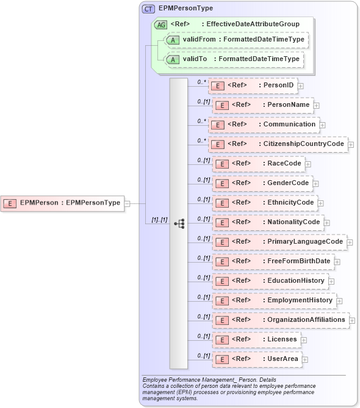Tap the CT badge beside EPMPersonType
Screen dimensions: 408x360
point(148,9)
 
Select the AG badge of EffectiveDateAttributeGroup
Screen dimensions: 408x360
point(160,24)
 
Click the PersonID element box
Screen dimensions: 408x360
point(253,86)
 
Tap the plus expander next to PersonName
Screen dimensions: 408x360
point(317,106)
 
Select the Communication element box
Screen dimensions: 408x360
point(264,125)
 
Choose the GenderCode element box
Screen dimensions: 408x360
point(263,183)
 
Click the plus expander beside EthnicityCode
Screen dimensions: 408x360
point(321,203)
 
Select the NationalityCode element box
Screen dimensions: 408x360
point(268,222)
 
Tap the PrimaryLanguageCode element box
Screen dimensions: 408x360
point(279,242)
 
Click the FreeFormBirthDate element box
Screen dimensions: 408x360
point(273,261)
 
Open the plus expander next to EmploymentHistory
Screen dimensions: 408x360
point(339,301)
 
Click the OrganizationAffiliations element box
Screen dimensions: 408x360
point(281,319)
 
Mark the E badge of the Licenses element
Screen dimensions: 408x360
point(223,340)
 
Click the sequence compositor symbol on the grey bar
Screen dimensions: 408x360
point(179,224)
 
